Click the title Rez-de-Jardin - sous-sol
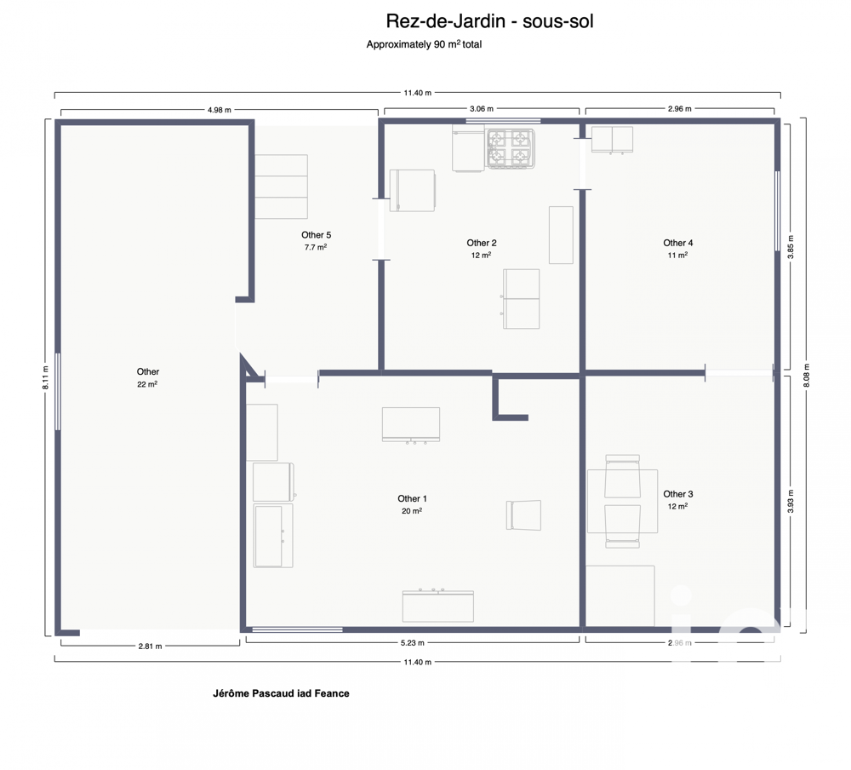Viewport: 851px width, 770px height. point(489,21)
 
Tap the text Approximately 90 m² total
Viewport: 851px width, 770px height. point(423,44)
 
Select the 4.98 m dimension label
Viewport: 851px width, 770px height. point(219,110)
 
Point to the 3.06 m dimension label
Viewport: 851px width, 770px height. point(482,110)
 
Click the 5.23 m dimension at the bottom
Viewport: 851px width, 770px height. point(412,644)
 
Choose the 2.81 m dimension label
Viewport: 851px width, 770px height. point(150,646)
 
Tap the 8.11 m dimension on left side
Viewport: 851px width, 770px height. point(46,377)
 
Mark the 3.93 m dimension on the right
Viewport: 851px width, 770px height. point(791,503)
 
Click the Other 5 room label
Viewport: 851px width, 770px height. point(316,235)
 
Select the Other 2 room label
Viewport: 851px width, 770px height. point(481,243)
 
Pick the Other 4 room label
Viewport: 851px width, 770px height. point(677,243)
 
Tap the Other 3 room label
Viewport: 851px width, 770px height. point(677,494)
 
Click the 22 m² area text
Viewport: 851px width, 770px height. point(147,384)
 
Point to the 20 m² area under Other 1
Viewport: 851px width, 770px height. point(412,511)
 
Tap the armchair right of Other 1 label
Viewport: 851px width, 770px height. point(523,514)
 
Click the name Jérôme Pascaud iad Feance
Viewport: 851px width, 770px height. point(281,693)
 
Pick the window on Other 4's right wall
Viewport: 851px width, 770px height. point(777,211)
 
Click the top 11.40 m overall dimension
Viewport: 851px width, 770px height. point(416,92)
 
